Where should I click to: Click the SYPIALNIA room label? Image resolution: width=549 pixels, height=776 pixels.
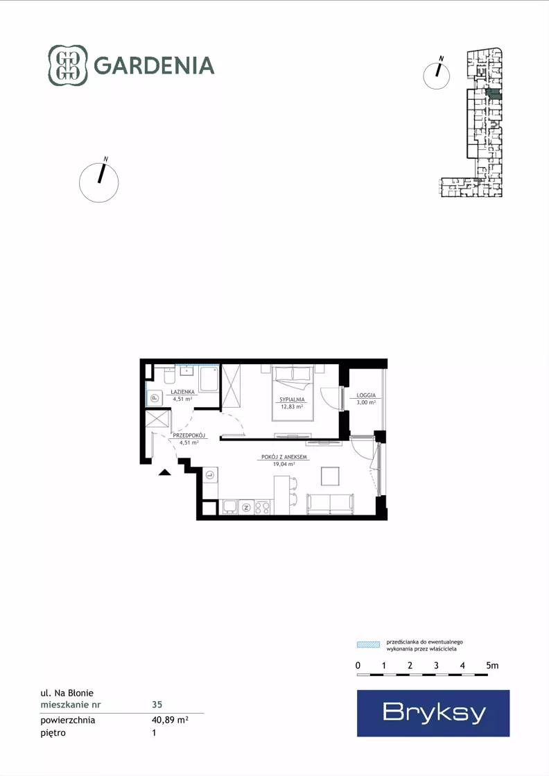pyautogui.click(x=292, y=399)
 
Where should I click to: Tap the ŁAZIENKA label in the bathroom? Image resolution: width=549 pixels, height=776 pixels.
pyautogui.click(x=182, y=391)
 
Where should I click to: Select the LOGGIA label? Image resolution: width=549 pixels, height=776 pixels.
pyautogui.click(x=366, y=395)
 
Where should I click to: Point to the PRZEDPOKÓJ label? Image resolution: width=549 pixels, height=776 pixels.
pyautogui.click(x=189, y=436)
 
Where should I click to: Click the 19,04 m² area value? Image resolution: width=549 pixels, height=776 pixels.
pyautogui.click(x=284, y=464)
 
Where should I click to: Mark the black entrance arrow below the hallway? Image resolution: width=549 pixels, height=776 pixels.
pyautogui.click(x=165, y=472)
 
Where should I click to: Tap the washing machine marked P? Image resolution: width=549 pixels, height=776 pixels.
pyautogui.click(x=155, y=397)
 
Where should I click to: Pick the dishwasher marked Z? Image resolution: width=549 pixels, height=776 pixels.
pyautogui.click(x=246, y=507)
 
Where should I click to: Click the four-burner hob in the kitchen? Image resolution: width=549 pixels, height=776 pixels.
pyautogui.click(x=262, y=507)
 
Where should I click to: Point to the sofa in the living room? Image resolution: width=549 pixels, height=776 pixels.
pyautogui.click(x=331, y=503)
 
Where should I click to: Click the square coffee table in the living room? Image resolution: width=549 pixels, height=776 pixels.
pyautogui.click(x=331, y=476)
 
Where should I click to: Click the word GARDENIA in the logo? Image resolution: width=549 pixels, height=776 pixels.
pyautogui.click(x=154, y=65)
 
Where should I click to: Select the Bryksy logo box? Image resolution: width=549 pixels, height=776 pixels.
pyautogui.click(x=433, y=713)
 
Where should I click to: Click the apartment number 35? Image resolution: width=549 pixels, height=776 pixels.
pyautogui.click(x=157, y=705)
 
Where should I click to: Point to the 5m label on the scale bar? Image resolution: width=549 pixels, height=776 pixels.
pyautogui.click(x=492, y=666)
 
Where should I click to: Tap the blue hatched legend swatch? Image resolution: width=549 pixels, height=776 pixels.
pyautogui.click(x=369, y=644)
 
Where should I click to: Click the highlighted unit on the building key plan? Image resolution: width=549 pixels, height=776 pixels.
pyautogui.click(x=494, y=94)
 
